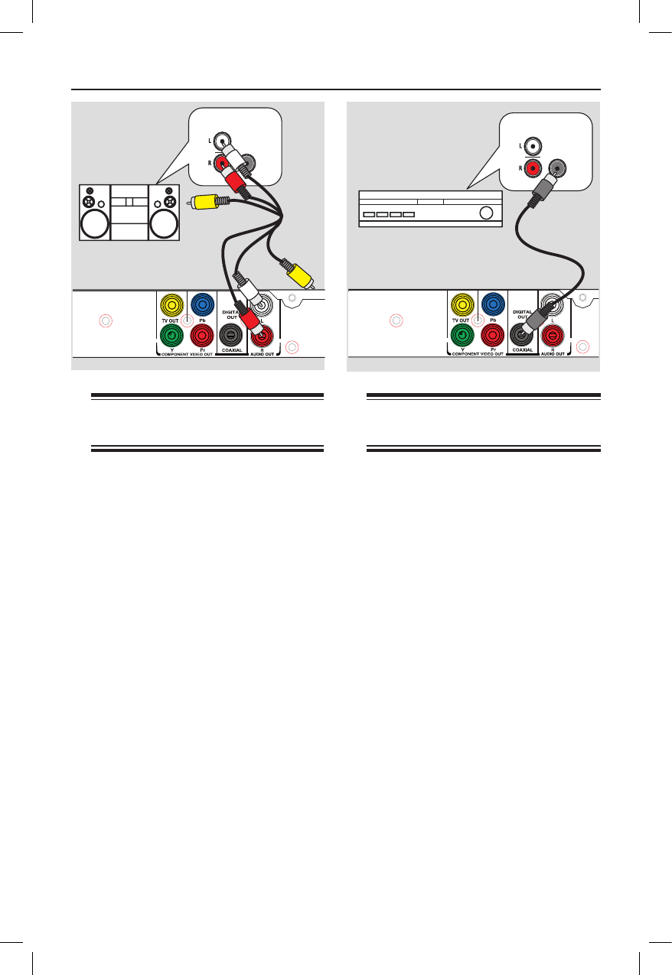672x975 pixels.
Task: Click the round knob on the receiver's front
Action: point(485,213)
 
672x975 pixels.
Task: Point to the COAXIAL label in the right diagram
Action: point(522,350)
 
